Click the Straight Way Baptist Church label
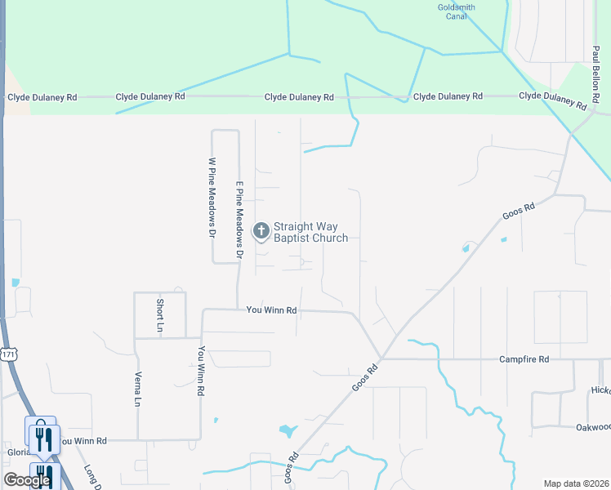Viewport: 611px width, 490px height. point(310,233)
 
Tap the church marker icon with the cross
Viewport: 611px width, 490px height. point(261,232)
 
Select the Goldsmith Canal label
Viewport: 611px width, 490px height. point(456,11)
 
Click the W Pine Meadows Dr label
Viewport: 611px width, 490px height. point(212,197)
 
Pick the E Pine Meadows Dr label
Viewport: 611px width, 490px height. point(240,220)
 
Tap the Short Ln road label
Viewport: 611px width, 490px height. point(160,314)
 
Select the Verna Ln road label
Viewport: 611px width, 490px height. point(137,390)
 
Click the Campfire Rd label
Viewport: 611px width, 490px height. point(524,359)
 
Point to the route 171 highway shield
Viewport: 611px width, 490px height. point(8,354)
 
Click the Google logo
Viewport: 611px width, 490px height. point(27,480)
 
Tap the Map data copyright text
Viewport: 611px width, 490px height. point(576,483)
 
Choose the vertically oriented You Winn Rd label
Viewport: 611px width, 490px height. point(200,371)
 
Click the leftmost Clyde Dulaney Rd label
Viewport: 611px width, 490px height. point(42,97)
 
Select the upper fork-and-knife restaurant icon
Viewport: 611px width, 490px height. point(45,439)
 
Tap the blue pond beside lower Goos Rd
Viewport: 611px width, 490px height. point(287,430)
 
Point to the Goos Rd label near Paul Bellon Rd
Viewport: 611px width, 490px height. point(518,211)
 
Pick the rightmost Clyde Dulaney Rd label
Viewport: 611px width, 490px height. point(553,100)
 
